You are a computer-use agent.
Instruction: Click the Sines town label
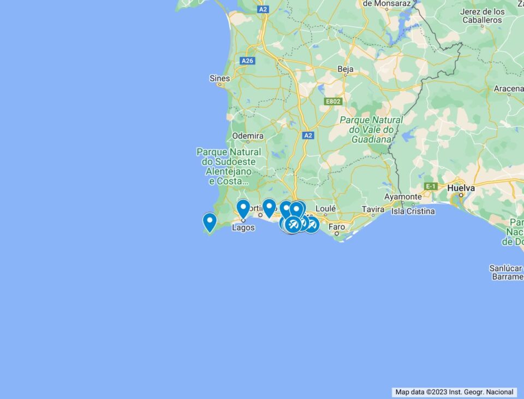pos(219,78)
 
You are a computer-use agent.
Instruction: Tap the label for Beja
pos(346,69)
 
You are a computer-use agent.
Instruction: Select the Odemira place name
pos(247,136)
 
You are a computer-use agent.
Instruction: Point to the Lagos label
pos(243,227)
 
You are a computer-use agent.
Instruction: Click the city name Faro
pos(337,226)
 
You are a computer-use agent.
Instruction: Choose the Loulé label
pos(325,208)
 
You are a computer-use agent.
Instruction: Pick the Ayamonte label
pos(403,196)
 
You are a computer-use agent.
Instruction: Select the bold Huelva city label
pos(461,187)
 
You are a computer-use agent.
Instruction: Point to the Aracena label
pos(509,88)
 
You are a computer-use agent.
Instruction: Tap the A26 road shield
pos(248,61)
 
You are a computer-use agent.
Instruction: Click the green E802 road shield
pos(332,102)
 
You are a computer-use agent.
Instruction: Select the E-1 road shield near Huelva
pos(431,186)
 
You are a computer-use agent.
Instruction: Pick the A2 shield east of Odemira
pos(308,135)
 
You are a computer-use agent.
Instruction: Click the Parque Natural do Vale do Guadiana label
pos(371,130)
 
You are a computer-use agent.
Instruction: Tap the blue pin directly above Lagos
pos(243,208)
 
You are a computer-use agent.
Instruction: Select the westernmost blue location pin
pos(210,222)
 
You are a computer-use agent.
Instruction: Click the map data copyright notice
pos(454,392)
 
